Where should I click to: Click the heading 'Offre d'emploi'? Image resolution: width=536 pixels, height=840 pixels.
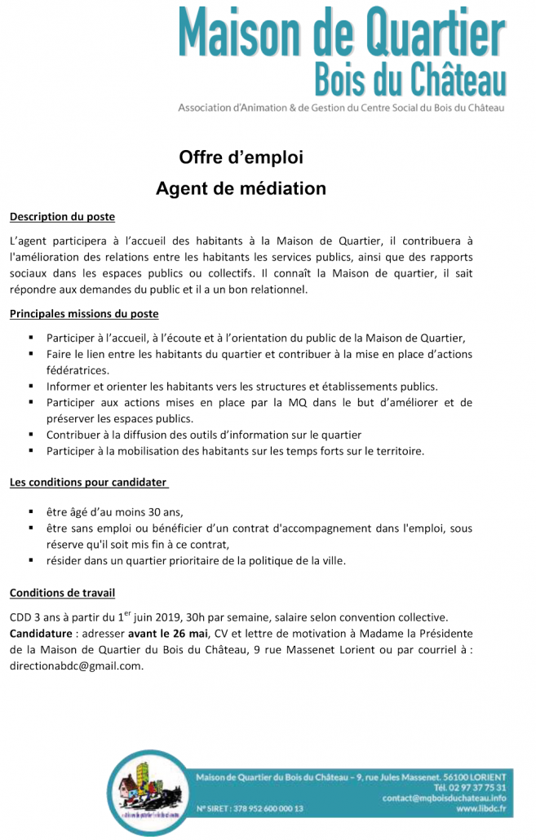pos(241,157)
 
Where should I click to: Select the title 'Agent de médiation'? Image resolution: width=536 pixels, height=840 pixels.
pos(241,188)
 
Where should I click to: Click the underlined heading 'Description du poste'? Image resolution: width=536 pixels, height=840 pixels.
pos(62,217)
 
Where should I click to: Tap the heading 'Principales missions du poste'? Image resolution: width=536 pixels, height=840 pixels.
pos(84,313)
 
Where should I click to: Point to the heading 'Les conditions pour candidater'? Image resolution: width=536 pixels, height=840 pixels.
pos(89,482)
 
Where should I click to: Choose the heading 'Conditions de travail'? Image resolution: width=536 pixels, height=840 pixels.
pos(62,591)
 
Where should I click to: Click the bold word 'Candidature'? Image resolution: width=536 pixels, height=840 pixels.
pos(42,633)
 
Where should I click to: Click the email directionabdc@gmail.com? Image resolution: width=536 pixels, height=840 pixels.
pos(77,665)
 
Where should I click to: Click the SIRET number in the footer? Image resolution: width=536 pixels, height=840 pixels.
pos(250,809)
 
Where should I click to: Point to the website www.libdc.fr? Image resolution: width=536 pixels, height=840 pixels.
pos(481,809)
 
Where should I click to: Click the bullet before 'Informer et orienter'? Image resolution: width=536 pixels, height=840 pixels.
pos(30,386)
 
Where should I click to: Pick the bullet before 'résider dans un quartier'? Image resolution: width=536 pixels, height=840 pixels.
pos(30,560)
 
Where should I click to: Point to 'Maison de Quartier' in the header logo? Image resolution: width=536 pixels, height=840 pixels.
pos(342,33)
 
